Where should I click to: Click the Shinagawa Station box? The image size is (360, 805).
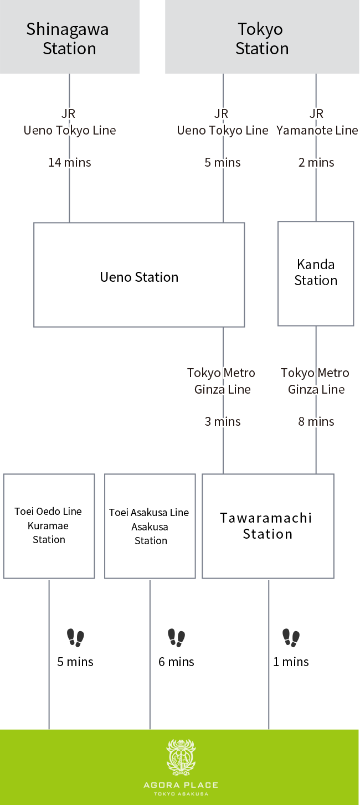point(69,38)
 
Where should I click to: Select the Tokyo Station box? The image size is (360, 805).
point(262,38)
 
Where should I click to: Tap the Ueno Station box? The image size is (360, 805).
point(139,275)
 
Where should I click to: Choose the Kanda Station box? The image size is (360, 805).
point(316,274)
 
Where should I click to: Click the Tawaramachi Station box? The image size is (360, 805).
point(268,526)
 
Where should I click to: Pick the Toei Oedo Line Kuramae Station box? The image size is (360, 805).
point(49,526)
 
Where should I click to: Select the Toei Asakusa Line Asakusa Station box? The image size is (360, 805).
point(150,526)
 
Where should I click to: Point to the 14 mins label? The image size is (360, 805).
point(69,163)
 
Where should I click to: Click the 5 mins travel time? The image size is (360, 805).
point(223,163)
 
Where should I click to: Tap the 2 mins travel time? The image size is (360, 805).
point(316,163)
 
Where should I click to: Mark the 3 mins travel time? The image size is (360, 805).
point(223,422)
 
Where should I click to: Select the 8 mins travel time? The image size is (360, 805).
point(316,422)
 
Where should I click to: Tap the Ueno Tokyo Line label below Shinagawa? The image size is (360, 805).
point(70,130)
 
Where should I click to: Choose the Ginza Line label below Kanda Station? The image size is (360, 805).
point(316,381)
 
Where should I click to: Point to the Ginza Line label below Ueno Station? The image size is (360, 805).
point(222,381)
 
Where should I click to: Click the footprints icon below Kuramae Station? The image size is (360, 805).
point(76,638)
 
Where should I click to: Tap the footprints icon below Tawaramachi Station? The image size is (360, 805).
point(291,638)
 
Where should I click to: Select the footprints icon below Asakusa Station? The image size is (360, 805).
point(177,638)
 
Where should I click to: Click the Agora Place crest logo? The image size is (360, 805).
point(181,757)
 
